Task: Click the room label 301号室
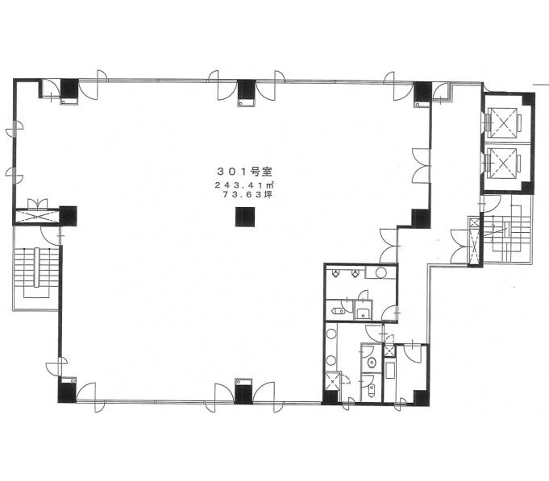pos(245,172)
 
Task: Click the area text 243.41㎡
pos(244,185)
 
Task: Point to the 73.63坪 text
pos(247,195)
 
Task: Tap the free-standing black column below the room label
pos(245,217)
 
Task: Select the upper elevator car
pos(504,122)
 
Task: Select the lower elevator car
pos(504,163)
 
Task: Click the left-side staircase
pos(36,273)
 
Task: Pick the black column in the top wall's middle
pos(247,89)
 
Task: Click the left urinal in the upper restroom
pos(336,273)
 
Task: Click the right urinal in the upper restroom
pos(356,273)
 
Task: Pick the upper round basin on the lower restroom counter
pos(331,334)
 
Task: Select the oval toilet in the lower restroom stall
pos(372,363)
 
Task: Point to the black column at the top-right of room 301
pos(422,91)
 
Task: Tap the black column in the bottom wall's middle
pos(243,393)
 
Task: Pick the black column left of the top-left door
pos(70,89)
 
